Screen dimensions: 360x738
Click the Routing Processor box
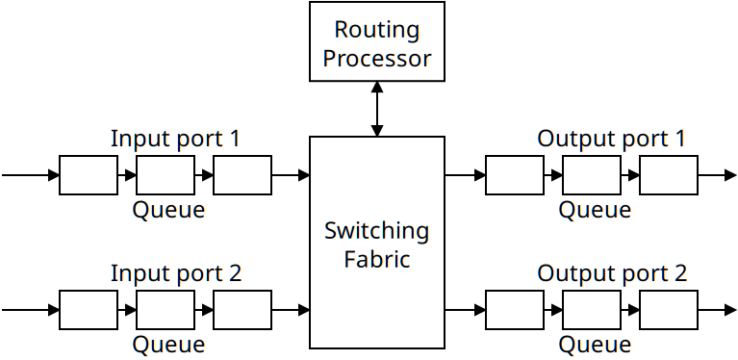pyautogui.click(x=376, y=41)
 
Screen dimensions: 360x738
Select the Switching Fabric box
pyautogui.click(x=376, y=243)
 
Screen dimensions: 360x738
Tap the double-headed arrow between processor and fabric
pyautogui.click(x=376, y=109)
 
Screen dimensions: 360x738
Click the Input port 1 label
pyautogui.click(x=175, y=139)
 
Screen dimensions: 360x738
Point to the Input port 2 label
pyautogui.click(x=175, y=273)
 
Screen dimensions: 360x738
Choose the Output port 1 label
pyautogui.click(x=611, y=139)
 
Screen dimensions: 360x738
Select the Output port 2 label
pyautogui.click(x=612, y=273)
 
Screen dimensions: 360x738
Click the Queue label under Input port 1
pyautogui.click(x=168, y=210)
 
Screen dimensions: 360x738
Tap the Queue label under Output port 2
pyautogui.click(x=595, y=345)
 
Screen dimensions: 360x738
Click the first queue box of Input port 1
pyautogui.click(x=89, y=175)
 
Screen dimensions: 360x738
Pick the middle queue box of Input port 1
pyautogui.click(x=165, y=175)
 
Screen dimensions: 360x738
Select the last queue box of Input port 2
pyautogui.click(x=242, y=310)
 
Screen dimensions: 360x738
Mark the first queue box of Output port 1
pyautogui.click(x=515, y=175)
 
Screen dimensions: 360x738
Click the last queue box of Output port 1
pyautogui.click(x=669, y=175)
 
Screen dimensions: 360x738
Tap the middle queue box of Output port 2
pyautogui.click(x=592, y=310)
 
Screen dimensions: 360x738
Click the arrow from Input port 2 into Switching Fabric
pyautogui.click(x=291, y=310)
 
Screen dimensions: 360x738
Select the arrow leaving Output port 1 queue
pyautogui.click(x=717, y=175)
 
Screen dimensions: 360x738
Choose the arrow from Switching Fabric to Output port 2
pyautogui.click(x=465, y=310)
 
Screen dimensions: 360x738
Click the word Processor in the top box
pyautogui.click(x=376, y=58)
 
